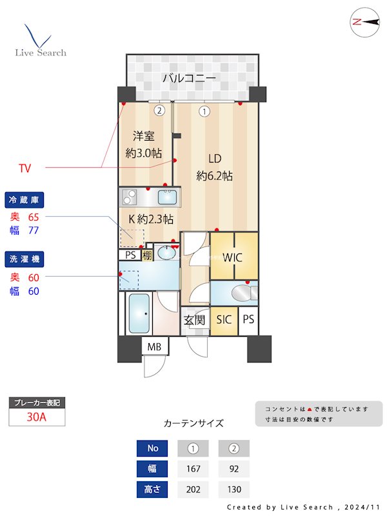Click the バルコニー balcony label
[189, 78]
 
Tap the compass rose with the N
[365, 22]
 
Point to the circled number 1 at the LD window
[204, 112]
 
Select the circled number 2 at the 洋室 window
[159, 110]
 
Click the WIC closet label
[232, 257]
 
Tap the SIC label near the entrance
[223, 319]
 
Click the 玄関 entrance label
[194, 320]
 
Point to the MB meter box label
[154, 346]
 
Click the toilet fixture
[244, 293]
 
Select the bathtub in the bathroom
[139, 313]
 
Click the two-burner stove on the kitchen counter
[130, 197]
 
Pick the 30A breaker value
[37, 417]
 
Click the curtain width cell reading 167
[193, 469]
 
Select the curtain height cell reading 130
[234, 490]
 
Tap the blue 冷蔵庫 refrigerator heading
[25, 200]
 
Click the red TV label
[25, 168]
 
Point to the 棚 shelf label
[147, 255]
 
